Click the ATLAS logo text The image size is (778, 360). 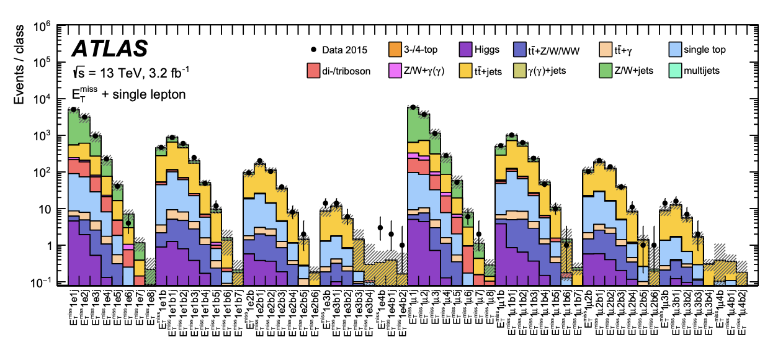click(x=110, y=49)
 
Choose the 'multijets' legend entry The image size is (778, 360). click(x=701, y=71)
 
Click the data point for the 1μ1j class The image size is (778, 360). click(x=413, y=107)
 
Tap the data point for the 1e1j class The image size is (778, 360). click(x=73, y=109)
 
